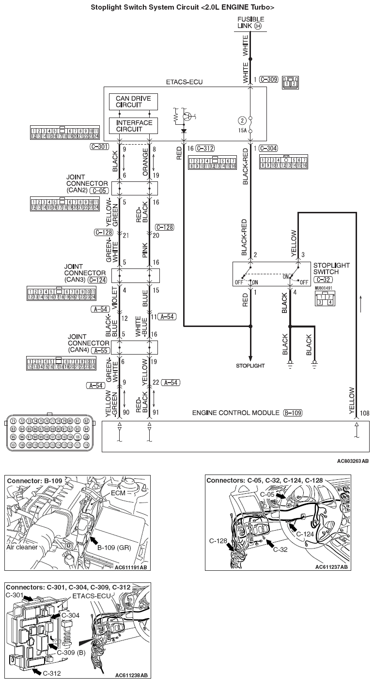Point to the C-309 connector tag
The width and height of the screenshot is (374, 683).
point(268,79)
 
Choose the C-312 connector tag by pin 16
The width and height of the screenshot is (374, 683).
point(205,148)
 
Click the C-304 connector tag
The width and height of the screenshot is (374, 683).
point(269,148)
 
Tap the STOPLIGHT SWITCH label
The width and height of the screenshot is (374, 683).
point(333,269)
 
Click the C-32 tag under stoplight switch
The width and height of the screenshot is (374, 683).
point(323,280)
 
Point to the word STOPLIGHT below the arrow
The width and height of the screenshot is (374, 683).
point(250,365)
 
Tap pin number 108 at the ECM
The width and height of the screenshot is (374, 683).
point(365,414)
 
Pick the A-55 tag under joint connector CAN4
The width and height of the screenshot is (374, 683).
point(99,350)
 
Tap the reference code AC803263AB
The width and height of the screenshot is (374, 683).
point(353,461)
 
